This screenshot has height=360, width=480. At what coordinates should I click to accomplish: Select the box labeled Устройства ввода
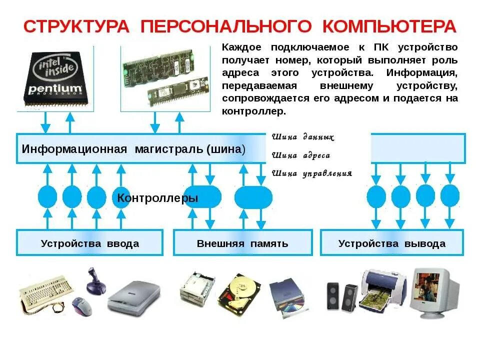click(x=90, y=243)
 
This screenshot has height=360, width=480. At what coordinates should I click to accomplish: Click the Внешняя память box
click(x=242, y=243)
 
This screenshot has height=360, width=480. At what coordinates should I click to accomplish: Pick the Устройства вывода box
click(x=392, y=243)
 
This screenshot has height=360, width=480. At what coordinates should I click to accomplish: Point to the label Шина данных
click(x=303, y=137)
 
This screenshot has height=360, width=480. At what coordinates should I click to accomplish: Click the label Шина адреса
click(x=301, y=155)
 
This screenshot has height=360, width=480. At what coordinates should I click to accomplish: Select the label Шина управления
click(x=312, y=173)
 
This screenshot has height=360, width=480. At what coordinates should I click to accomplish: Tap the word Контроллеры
click(x=157, y=198)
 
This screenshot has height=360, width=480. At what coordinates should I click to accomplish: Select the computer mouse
click(x=81, y=305)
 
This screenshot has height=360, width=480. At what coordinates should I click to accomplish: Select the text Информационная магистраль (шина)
click(x=133, y=149)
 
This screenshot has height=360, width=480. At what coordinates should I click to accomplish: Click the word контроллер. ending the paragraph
click(x=254, y=111)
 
